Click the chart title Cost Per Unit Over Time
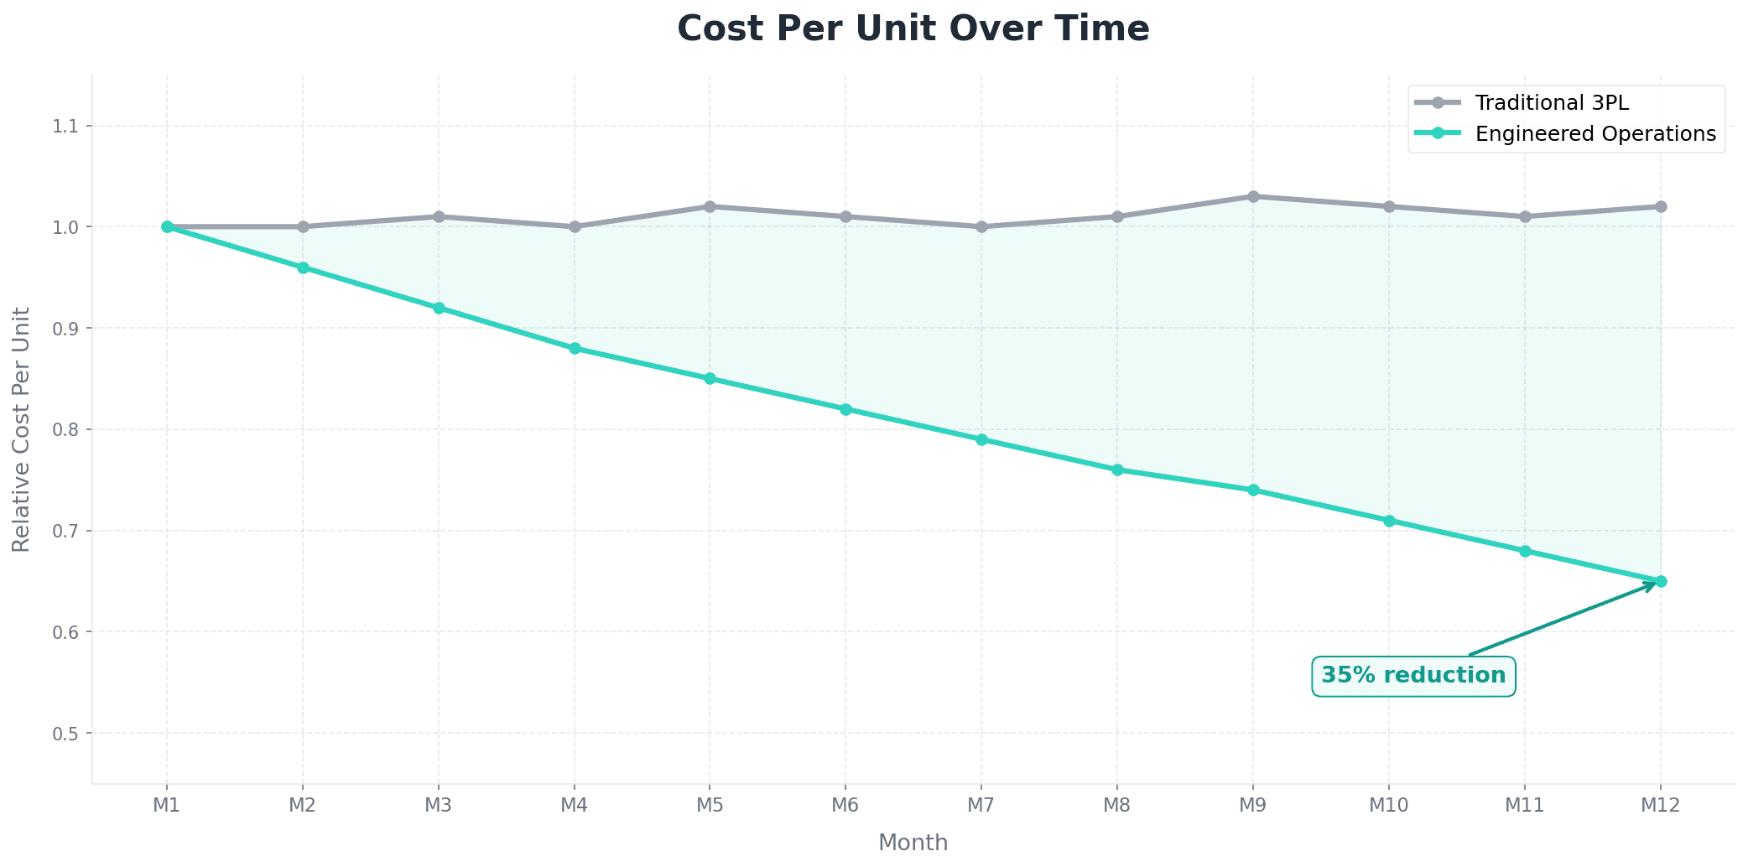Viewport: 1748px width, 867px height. coord(913,29)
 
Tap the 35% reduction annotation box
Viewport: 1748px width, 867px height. coord(1413,676)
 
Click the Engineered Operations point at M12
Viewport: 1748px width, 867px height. coord(1660,581)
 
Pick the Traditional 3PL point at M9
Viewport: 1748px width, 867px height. coord(1253,196)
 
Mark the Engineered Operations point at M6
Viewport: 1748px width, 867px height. coord(845,409)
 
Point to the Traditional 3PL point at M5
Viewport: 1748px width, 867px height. coord(710,206)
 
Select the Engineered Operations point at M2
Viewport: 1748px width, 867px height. coord(303,267)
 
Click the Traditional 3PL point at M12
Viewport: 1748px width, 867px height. coord(1660,206)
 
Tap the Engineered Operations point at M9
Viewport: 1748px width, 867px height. coord(1253,490)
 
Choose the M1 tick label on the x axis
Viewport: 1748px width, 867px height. coord(167,806)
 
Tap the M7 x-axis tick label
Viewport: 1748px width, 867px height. coord(981,806)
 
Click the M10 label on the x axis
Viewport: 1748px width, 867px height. coord(1388,806)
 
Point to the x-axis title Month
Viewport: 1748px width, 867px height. coord(913,843)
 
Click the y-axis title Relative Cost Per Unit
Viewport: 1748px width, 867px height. coord(21,429)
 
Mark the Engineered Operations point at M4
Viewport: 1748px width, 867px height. coord(575,348)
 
